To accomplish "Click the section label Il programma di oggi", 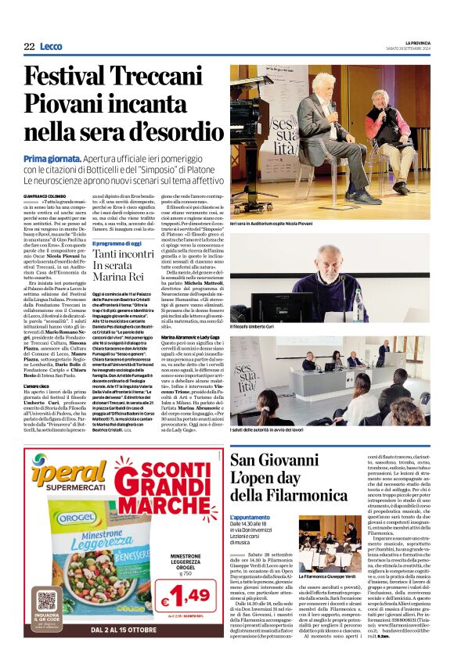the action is coord(121,243).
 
